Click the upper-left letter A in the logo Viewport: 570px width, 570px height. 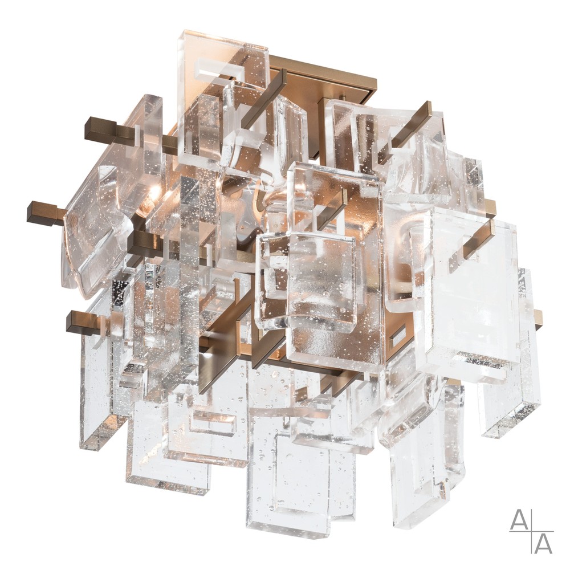point(519,519)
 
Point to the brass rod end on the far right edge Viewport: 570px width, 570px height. point(538,319)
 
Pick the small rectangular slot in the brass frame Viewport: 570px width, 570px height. point(398,337)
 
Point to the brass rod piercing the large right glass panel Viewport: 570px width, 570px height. point(476,237)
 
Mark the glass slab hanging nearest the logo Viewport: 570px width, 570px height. point(427,456)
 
